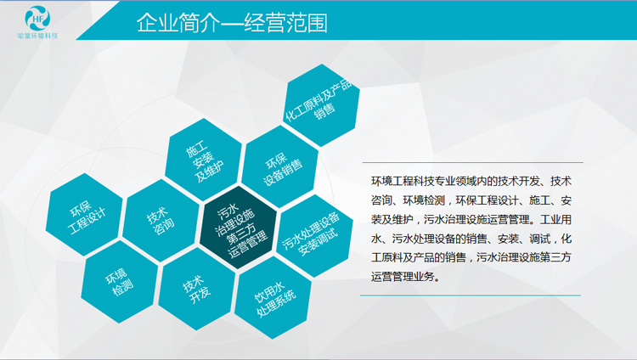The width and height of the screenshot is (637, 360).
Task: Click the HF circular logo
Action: click(37, 18)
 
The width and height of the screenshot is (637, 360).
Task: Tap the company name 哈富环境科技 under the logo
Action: click(37, 36)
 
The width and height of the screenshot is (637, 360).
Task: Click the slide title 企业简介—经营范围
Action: click(232, 23)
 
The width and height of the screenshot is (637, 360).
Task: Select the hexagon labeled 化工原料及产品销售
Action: click(321, 104)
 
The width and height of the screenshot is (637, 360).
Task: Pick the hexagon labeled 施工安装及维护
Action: click(203, 160)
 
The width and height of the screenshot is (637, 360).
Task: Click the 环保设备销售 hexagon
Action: click(280, 166)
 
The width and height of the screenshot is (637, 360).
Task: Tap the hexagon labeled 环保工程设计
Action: click(84, 215)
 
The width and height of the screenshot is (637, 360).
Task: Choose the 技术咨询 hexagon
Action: click(161, 221)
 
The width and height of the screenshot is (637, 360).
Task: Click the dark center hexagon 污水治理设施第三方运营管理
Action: click(239, 228)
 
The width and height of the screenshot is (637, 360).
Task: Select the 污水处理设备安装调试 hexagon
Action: click(315, 236)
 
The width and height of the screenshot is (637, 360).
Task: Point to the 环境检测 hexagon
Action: click(120, 282)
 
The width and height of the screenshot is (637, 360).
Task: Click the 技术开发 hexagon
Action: click(197, 289)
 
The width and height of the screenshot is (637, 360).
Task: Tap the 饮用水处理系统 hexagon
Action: click(273, 297)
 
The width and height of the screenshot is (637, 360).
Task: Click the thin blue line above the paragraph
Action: click(473, 162)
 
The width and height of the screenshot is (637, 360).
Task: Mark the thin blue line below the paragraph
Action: click(471, 295)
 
